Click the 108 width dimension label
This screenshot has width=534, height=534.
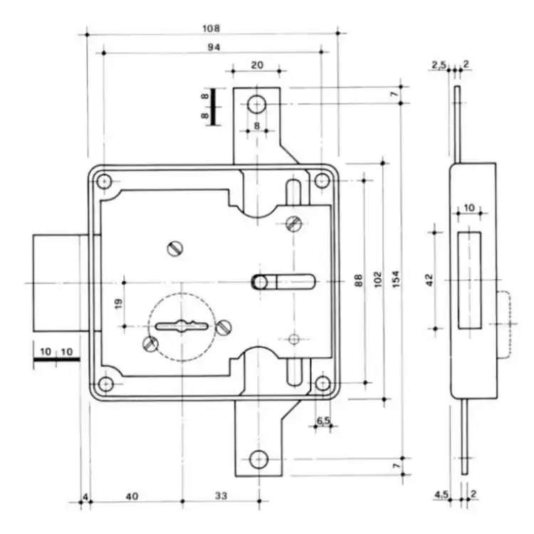211,28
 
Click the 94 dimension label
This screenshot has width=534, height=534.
214,47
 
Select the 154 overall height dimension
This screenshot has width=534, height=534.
395,279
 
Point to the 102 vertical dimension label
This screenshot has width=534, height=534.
378,279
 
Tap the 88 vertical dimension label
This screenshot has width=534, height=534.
359,281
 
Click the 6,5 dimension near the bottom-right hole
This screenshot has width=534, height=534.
323,421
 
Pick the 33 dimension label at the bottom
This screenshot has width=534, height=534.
221,496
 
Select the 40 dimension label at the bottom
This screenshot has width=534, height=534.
132,496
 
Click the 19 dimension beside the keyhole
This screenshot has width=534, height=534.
118,303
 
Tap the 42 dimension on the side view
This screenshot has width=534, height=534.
429,280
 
